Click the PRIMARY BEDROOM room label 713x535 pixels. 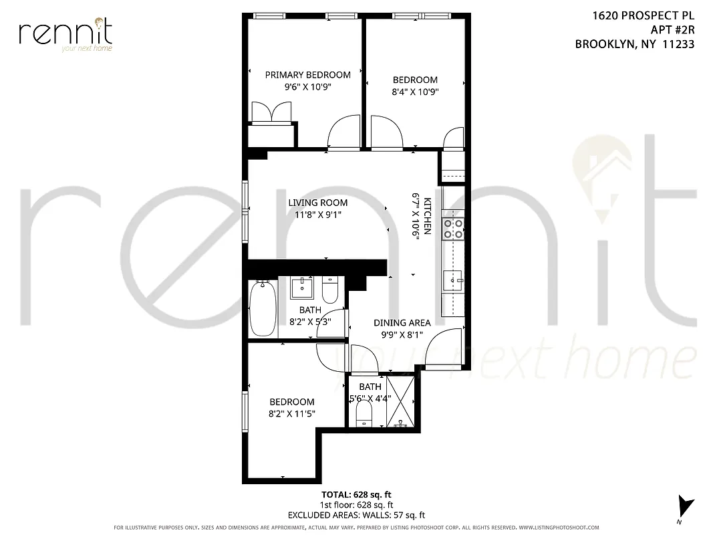tap(307, 75)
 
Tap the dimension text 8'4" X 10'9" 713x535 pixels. tap(415, 92)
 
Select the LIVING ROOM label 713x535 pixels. tap(318, 203)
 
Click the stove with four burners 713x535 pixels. tap(455, 229)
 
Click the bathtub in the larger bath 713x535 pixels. tap(262, 308)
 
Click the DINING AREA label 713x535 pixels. tap(402, 322)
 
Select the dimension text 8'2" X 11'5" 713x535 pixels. tap(291, 414)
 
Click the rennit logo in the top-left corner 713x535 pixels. tap(65, 33)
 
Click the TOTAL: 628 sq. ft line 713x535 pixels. tap(355, 494)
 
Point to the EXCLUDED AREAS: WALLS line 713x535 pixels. tap(355, 515)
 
